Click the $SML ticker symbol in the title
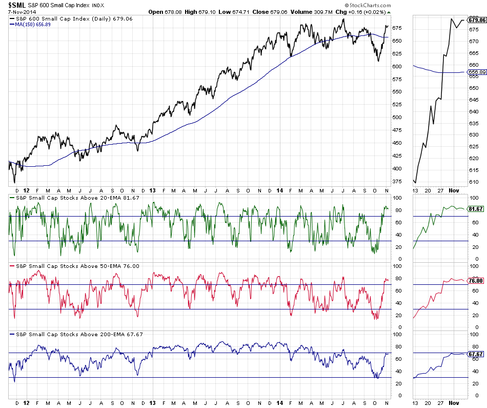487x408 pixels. [16, 5]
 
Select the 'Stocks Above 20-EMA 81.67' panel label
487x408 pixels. [71, 198]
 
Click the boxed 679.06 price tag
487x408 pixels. [477, 20]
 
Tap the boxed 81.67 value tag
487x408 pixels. [477, 209]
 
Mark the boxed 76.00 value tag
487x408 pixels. [477, 281]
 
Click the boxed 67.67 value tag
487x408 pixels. [477, 354]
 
